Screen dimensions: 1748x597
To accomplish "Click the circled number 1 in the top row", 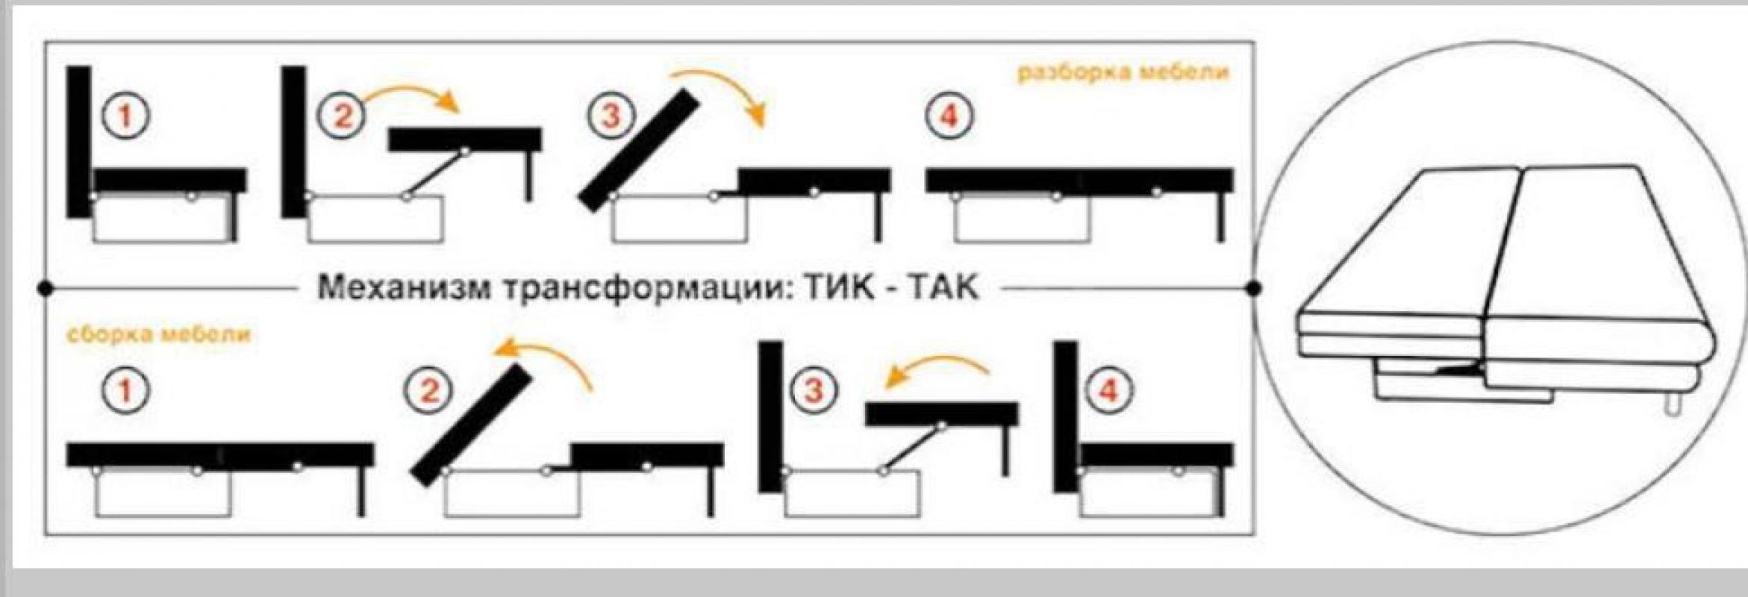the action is pos(125,116).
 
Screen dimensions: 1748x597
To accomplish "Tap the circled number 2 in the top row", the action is pos(343,116).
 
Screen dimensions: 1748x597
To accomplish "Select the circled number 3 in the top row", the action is pos(611,116).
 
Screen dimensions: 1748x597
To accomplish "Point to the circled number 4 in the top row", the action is pos(949,116).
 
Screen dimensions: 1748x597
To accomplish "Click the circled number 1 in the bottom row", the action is pos(125,390).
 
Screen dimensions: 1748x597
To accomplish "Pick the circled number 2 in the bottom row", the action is pos(428,390).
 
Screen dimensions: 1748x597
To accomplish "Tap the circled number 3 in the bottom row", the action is pos(814,390).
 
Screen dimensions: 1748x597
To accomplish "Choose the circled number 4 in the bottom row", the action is pos(1108,390).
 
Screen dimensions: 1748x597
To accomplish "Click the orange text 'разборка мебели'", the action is pos(1123,72).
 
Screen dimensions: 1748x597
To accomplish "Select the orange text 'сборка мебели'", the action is pos(159,334).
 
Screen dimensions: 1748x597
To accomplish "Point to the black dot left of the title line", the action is pos(45,288).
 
